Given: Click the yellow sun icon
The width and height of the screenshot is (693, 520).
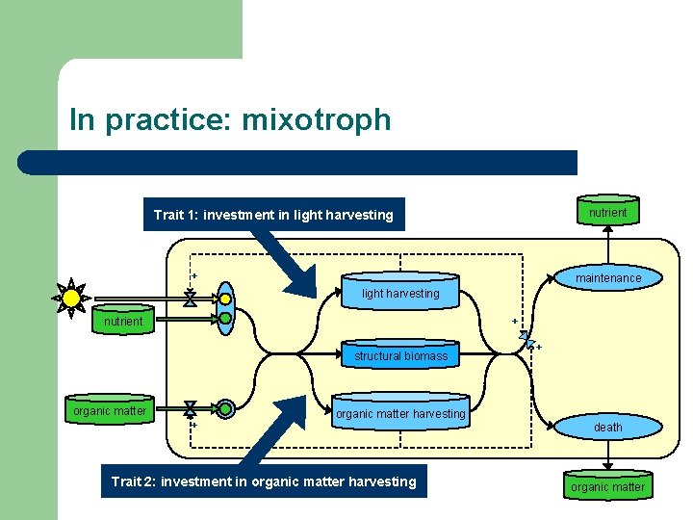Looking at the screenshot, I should tap(71, 299).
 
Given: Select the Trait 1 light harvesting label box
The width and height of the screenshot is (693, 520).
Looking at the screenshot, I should tap(273, 215).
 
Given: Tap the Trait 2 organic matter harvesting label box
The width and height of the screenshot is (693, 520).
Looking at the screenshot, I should tap(264, 481).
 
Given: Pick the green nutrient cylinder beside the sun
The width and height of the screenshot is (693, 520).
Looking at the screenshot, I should tap(123, 321).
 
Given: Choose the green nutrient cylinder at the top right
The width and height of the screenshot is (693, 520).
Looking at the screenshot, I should tap(607, 212).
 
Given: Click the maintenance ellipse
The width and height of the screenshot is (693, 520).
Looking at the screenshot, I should tap(607, 278).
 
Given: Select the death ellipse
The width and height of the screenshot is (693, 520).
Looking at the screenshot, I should tap(607, 427).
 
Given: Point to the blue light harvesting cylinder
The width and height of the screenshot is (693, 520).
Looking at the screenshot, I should tap(400, 293).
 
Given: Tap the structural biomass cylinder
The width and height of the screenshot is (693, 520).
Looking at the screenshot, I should tap(400, 355).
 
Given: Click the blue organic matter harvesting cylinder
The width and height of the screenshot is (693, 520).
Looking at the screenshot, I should tap(400, 414).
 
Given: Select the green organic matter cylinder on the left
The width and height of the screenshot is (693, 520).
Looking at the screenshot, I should tap(110, 411).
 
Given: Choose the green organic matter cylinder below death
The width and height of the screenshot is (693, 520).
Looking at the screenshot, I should tap(607, 486).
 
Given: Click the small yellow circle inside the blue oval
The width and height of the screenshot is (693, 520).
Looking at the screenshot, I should tap(225, 299).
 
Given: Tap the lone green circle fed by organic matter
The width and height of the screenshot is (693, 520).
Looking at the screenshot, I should tap(225, 408).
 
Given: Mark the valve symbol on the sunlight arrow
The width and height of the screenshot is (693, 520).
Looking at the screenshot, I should tap(190, 299).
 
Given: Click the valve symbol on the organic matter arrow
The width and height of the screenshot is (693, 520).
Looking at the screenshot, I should tap(191, 408).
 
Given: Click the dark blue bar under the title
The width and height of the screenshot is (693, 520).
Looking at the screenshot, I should tap(297, 162).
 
